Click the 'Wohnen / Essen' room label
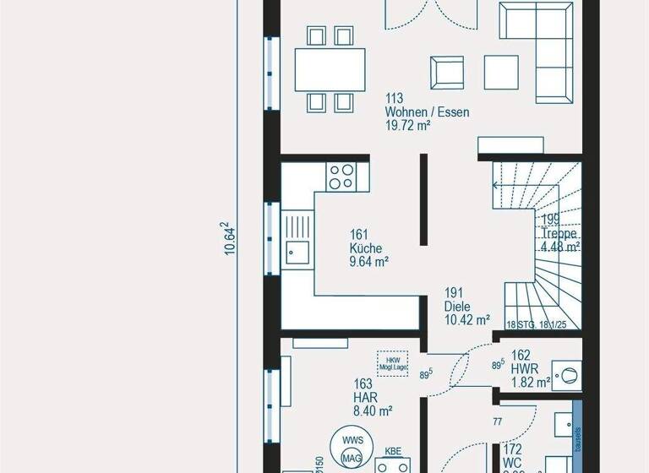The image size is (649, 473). point(427,111)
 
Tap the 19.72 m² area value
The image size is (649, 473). point(408,126)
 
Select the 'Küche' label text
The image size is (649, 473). point(366,248)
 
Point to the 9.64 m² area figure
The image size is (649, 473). point(369,262)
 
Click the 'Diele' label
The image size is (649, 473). point(459,307)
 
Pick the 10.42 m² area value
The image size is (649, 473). point(467,320)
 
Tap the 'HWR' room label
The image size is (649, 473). point(521,369)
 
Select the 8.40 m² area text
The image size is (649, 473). point(373,410)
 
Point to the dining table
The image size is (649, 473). point(330,69)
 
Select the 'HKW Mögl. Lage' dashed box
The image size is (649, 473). point(391,360)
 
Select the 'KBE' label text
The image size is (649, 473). point(393,452)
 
